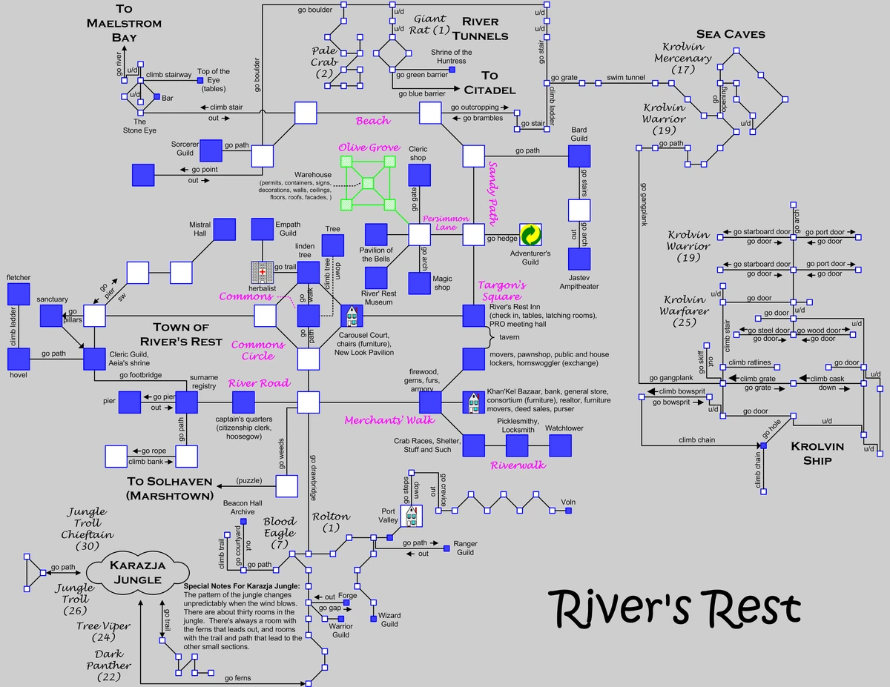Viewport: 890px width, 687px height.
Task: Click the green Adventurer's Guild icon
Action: pos(530,234)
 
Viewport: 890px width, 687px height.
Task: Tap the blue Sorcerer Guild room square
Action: pos(211,150)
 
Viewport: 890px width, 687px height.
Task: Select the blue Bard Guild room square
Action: pos(578,156)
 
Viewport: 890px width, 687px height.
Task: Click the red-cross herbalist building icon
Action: pos(262,272)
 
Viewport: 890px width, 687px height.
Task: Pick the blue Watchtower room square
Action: pos(560,445)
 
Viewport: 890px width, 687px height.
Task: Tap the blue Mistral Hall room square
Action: pos(225,230)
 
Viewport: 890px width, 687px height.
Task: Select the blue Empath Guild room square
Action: pos(263,230)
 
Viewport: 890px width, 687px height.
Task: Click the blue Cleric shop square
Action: pos(419,175)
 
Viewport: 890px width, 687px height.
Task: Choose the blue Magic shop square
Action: pos(419,282)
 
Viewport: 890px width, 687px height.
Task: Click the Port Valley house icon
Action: pos(410,515)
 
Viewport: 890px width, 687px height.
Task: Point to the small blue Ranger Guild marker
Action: pos(446,548)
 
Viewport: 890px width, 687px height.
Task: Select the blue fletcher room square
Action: pos(19,294)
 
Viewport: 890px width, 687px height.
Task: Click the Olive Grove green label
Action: pos(369,148)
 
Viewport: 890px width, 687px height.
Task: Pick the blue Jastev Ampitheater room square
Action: pos(578,259)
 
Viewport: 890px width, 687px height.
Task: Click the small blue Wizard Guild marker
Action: pos(373,618)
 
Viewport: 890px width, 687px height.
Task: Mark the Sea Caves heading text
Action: pos(730,34)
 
